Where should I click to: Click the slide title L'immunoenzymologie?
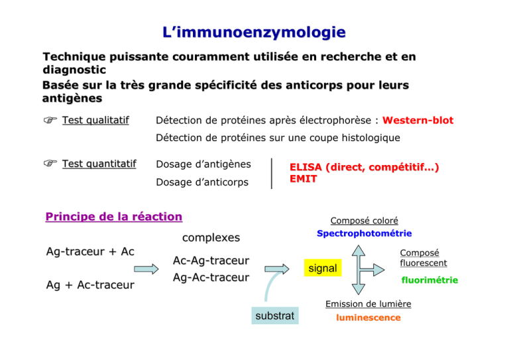pyautogui.click(x=254, y=32)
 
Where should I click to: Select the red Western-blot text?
pyautogui.click(x=418, y=121)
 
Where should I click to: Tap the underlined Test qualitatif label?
pyautogui.click(x=95, y=121)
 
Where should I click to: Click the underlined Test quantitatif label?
pyautogui.click(x=99, y=164)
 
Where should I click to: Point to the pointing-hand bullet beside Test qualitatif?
pyautogui.click(x=50, y=120)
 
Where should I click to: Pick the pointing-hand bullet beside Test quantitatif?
pyautogui.click(x=50, y=163)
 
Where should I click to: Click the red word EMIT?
pyautogui.click(x=303, y=179)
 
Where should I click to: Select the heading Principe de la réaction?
pyautogui.click(x=114, y=217)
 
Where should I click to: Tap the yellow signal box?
pyautogui.click(x=323, y=268)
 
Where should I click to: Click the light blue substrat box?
pyautogui.click(x=275, y=316)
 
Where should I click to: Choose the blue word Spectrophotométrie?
pyautogui.click(x=365, y=233)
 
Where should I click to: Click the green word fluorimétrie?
pyautogui.click(x=429, y=280)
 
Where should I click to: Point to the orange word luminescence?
pyautogui.click(x=368, y=318)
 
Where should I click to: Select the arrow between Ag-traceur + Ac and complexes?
pyautogui.click(x=146, y=269)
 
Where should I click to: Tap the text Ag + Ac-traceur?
pyautogui.click(x=90, y=284)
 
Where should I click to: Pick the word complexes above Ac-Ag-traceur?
pyautogui.click(x=211, y=237)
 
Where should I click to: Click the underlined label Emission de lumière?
pyautogui.click(x=368, y=304)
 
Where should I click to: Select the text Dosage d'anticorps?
pyautogui.click(x=202, y=182)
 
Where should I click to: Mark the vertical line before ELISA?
pyautogui.click(x=272, y=174)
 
